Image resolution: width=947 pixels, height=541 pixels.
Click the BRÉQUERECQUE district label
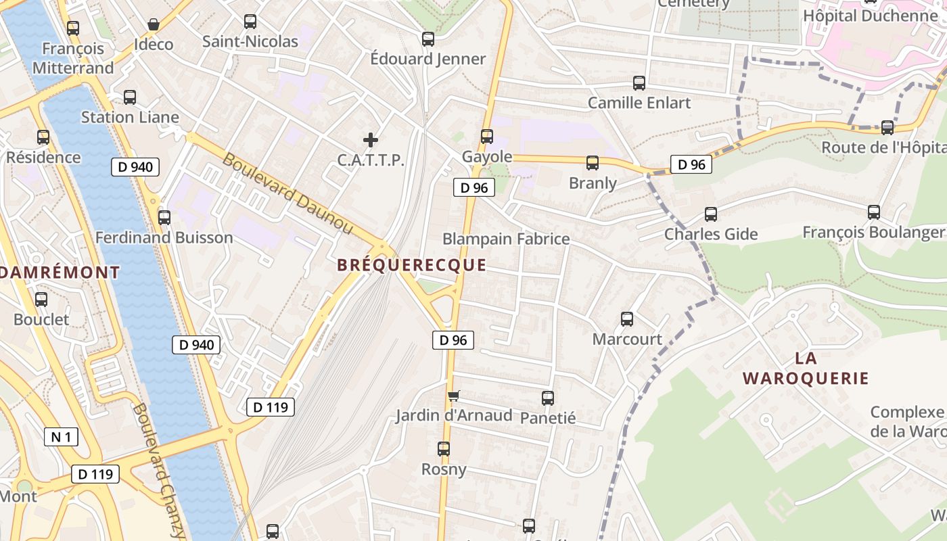[411, 265]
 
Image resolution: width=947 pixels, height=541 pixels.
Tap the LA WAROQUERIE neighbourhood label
[805, 368]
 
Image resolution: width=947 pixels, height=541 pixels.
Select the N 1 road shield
[61, 437]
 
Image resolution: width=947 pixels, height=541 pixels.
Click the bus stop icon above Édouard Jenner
[428, 39]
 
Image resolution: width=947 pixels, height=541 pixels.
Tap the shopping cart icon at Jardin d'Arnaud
[453, 396]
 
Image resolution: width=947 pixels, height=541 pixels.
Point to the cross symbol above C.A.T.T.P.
[371, 140]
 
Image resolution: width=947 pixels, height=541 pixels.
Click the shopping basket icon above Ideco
[154, 25]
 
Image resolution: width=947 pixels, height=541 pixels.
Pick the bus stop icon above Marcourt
[627, 319]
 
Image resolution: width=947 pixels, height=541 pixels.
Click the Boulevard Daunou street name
[288, 193]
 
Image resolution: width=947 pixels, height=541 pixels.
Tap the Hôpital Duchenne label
[869, 15]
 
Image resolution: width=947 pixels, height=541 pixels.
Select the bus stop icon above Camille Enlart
[639, 83]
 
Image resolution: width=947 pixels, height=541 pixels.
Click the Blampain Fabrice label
[506, 239]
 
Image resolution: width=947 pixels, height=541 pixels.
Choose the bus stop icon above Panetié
[548, 398]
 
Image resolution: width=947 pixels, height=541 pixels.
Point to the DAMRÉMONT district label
[60, 273]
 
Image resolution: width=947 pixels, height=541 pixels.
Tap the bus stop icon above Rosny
[444, 449]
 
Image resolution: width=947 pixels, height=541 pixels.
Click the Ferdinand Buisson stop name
[164, 237]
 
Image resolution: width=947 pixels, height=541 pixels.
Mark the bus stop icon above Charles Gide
[711, 214]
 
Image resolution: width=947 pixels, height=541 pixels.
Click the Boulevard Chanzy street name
[159, 470]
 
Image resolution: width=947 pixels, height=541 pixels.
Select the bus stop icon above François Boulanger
[874, 212]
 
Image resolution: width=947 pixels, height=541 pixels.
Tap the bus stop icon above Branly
[593, 163]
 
